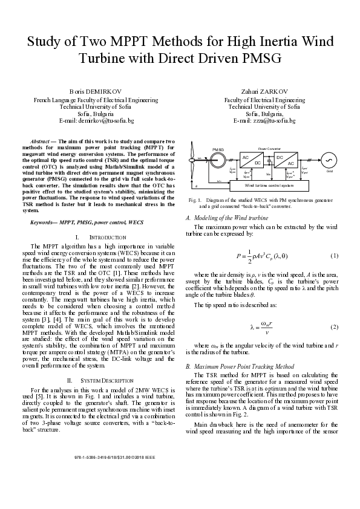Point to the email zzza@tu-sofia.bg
pyautogui.click(x=273, y=121)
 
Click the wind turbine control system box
pyautogui.click(x=264, y=185)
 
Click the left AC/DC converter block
pyautogui.click(x=251, y=160)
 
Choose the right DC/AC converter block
pyautogui.click(x=286, y=160)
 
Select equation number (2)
pyautogui.click(x=333, y=327)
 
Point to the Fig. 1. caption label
pyautogui.click(x=195, y=199)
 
